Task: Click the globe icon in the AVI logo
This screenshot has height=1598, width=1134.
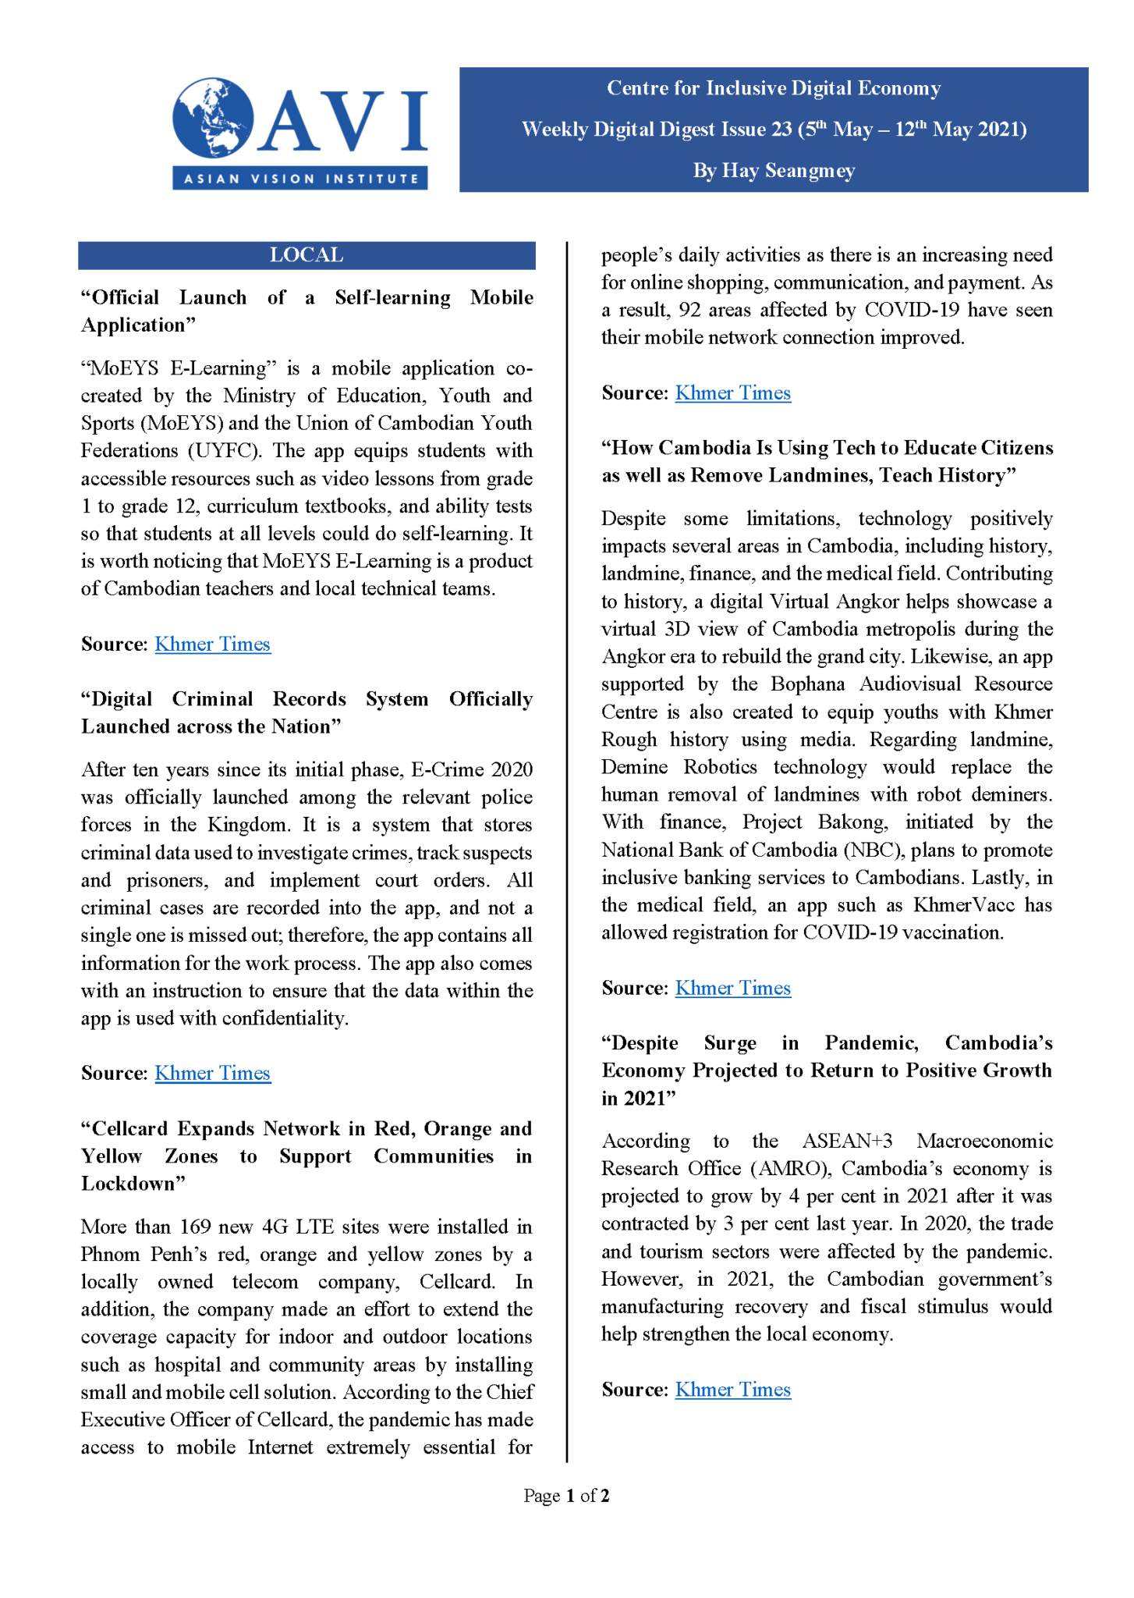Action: (212, 118)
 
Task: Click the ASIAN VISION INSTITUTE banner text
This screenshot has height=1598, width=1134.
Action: (300, 179)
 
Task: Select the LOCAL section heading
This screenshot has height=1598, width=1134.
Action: (307, 255)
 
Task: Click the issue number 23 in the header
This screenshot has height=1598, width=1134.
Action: (781, 130)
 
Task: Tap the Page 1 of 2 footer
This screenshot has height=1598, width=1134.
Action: (566, 1495)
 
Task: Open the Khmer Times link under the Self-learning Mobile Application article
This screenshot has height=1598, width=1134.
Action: (212, 644)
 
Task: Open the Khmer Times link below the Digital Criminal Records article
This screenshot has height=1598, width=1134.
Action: (212, 1073)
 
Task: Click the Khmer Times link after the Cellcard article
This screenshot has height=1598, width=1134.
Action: (732, 392)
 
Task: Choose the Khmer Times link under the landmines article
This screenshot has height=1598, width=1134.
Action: (732, 988)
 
